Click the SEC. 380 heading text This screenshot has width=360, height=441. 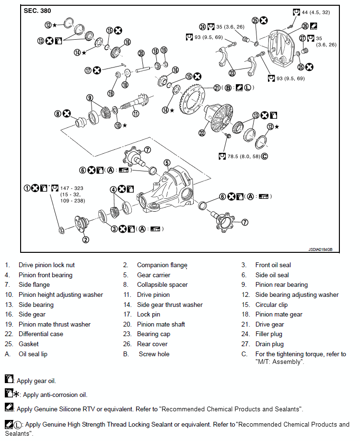[x=37, y=11]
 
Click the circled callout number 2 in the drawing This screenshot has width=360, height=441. [x=85, y=239]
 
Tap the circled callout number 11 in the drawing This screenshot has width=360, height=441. [x=136, y=113]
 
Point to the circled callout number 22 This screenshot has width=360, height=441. [x=202, y=133]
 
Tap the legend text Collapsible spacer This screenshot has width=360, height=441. [x=162, y=285]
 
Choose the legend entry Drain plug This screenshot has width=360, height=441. [x=269, y=344]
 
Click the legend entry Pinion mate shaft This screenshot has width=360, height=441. [x=161, y=325]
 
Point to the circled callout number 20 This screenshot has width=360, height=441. [x=141, y=53]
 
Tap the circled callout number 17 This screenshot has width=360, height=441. [x=88, y=70]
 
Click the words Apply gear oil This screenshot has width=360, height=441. [x=36, y=381]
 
